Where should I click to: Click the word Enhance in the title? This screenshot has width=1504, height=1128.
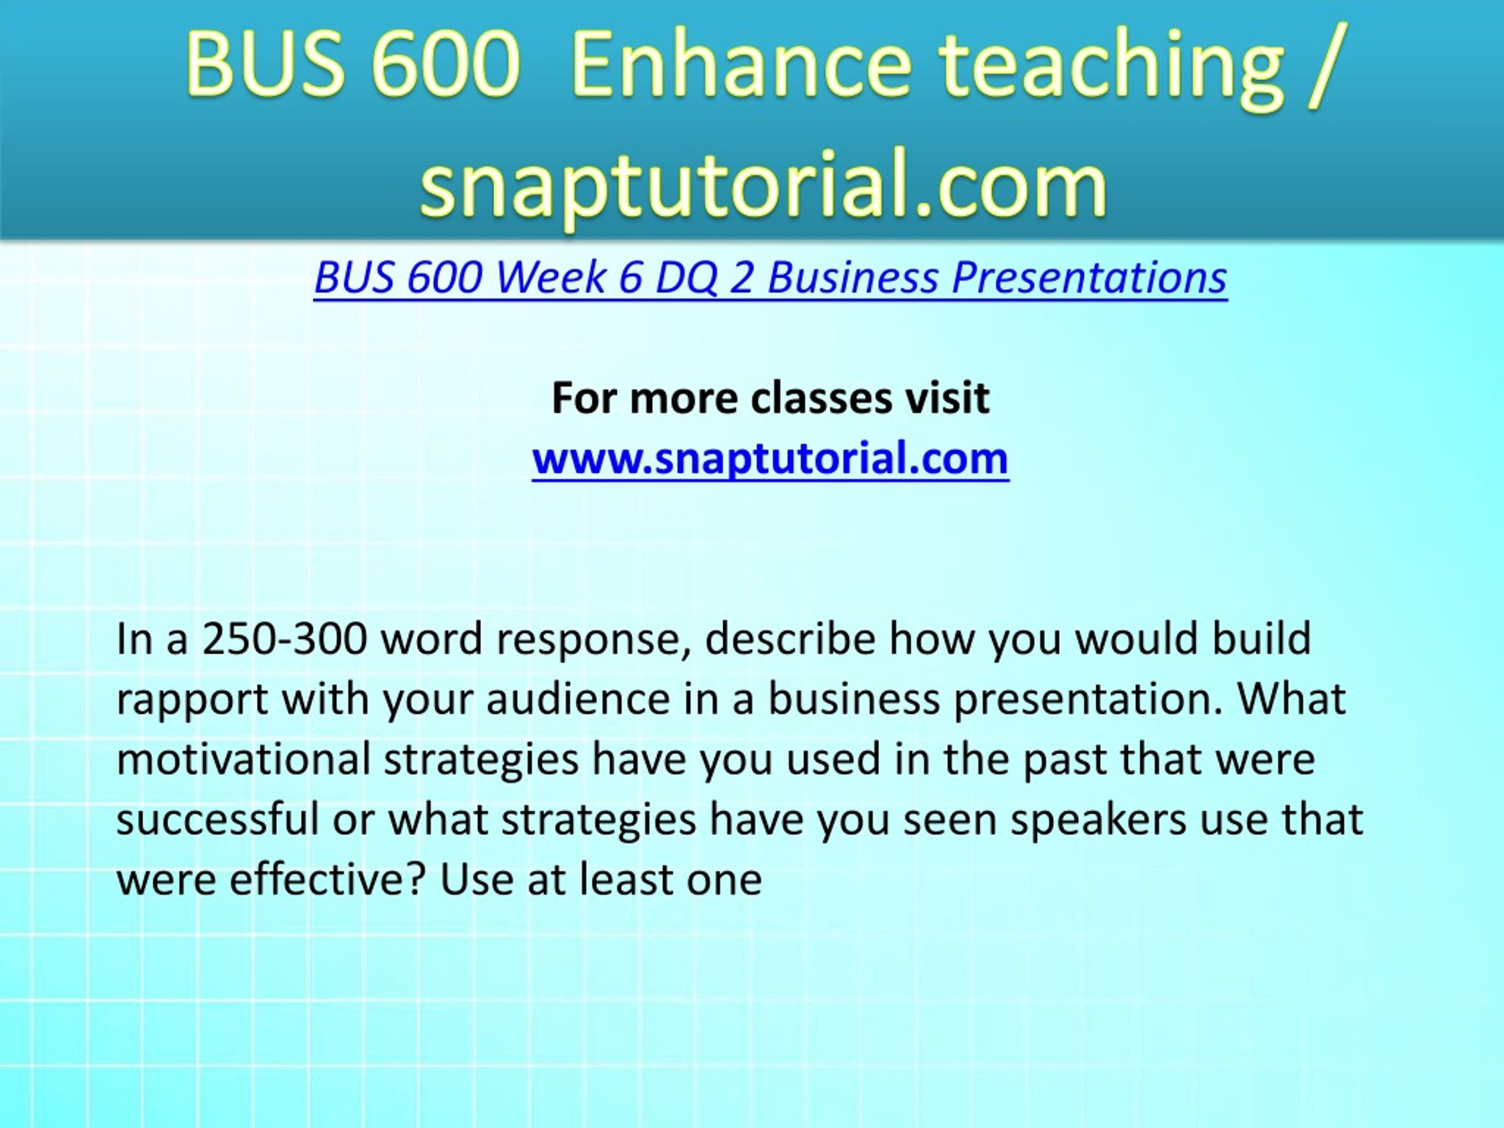741,64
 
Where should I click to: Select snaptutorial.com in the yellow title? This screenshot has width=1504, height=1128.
764,184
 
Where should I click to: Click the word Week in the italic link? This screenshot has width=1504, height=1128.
550,277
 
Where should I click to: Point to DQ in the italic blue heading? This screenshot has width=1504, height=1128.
686,278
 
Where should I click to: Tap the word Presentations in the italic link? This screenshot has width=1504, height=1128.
1089,277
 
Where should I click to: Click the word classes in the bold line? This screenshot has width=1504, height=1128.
821,398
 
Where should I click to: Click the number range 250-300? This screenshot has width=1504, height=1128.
285,639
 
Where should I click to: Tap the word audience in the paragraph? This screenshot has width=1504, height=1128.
579,699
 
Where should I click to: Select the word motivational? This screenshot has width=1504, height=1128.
244,759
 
